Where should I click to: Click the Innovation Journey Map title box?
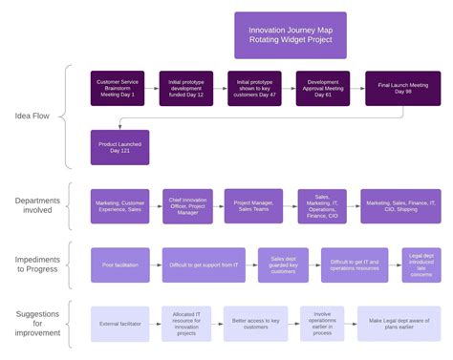[291, 35]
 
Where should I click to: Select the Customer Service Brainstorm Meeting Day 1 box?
[119, 89]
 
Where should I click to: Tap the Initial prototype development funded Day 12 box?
[187, 89]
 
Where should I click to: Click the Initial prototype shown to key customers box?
[254, 89]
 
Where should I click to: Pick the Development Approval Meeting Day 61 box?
[322, 89]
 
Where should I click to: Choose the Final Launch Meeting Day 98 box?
[402, 89]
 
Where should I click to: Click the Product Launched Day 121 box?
[119, 147]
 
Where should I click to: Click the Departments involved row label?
[39, 206]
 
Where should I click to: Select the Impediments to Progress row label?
[39, 265]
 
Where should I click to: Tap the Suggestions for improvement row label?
[39, 323]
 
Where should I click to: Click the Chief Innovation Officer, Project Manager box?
[187, 206]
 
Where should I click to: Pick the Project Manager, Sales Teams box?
[254, 206]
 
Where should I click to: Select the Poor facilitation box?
[119, 265]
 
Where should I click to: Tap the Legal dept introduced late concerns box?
[421, 265]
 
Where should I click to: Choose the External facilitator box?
[119, 324]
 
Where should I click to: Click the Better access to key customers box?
[255, 324]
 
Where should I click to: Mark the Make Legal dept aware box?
[399, 324]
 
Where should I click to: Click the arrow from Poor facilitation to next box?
[156, 265]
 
